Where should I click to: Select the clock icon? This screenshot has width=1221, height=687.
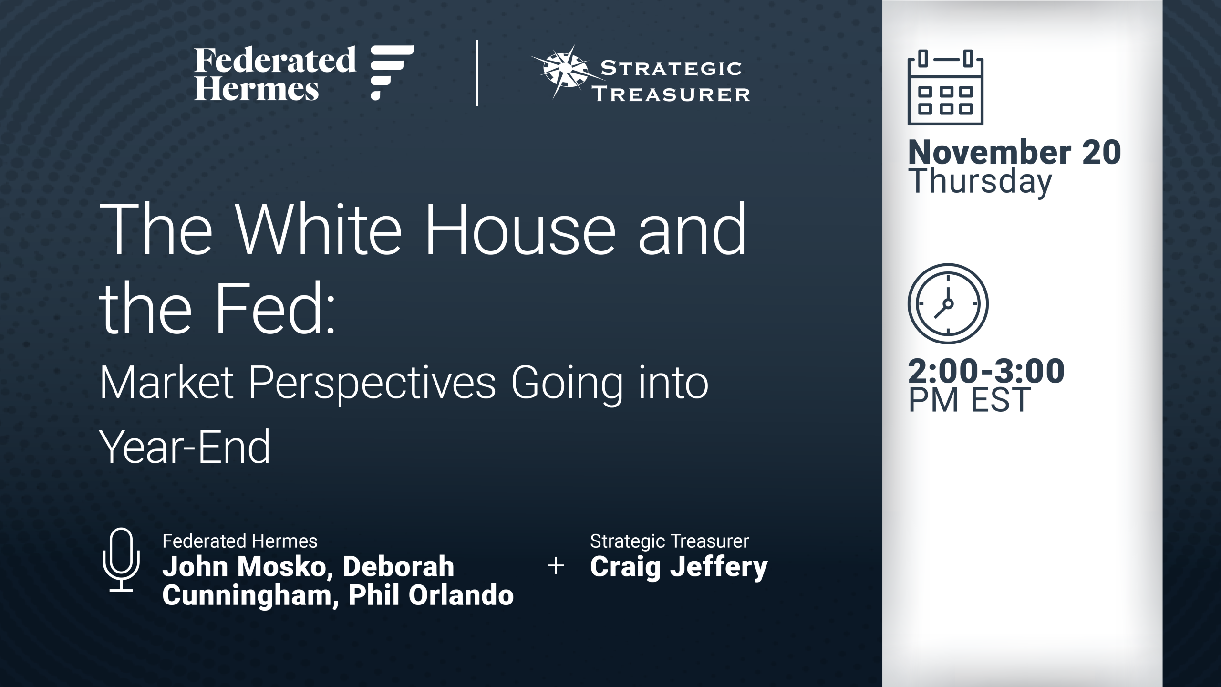(x=948, y=304)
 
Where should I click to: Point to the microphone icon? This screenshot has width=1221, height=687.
(x=121, y=560)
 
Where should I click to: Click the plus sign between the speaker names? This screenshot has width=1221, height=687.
(x=556, y=566)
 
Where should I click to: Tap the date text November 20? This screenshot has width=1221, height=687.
(x=1014, y=153)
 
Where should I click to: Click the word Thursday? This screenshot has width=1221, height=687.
(x=980, y=182)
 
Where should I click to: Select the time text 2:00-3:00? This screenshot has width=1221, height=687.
(x=986, y=371)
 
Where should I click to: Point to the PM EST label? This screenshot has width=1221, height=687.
(x=969, y=400)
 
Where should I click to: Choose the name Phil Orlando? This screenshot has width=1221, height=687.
(x=431, y=595)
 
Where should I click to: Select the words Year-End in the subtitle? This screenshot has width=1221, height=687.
(x=185, y=447)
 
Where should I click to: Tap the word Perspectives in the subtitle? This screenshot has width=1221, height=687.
(x=372, y=385)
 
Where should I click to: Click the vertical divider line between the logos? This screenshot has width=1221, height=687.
(x=477, y=73)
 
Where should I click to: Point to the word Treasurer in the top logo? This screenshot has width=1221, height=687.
(x=671, y=94)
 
